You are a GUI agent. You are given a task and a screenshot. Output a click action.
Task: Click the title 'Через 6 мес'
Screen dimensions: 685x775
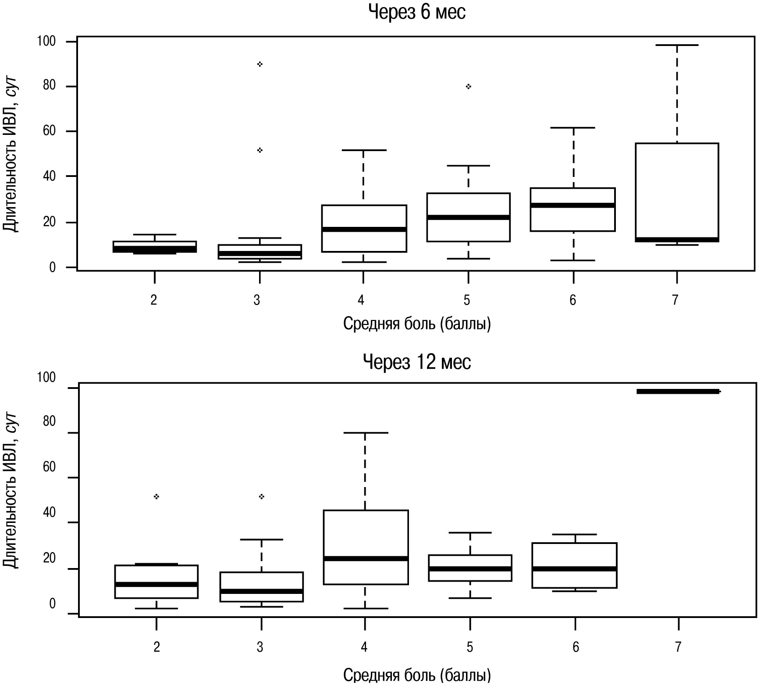416,12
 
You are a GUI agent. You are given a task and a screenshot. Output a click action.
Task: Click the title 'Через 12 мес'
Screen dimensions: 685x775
417,362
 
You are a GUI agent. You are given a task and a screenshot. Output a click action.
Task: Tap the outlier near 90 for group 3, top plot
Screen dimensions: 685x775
260,64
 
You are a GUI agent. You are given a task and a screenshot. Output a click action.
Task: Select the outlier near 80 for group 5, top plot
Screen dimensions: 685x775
468,87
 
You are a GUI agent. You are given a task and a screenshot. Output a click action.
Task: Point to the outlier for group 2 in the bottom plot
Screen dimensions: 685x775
156,497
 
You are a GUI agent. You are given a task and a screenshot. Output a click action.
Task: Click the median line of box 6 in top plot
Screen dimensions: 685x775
572,205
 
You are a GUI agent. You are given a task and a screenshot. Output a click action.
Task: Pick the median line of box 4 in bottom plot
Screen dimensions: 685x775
365,558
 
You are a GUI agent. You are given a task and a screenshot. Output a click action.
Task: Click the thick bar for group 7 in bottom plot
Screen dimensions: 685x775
678,392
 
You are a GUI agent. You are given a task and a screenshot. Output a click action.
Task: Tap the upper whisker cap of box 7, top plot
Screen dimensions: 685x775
677,45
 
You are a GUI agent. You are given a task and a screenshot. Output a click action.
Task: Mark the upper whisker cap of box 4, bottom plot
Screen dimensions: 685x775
365,433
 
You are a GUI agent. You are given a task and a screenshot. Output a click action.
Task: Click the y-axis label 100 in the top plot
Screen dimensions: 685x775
46,42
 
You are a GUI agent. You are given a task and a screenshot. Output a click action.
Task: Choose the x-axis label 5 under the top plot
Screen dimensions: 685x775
467,300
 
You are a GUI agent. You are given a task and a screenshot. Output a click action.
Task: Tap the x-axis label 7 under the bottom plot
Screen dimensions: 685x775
678,647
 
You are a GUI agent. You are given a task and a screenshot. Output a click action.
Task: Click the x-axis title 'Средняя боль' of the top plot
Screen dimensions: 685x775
416,324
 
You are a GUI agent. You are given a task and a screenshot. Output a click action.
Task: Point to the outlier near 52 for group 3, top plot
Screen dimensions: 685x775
260,150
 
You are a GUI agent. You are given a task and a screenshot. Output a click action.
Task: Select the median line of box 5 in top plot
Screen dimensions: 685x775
468,217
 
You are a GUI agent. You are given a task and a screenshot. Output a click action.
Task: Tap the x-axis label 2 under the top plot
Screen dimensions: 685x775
154,300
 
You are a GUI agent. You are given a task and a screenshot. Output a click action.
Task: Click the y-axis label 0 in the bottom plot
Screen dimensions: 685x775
52,604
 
